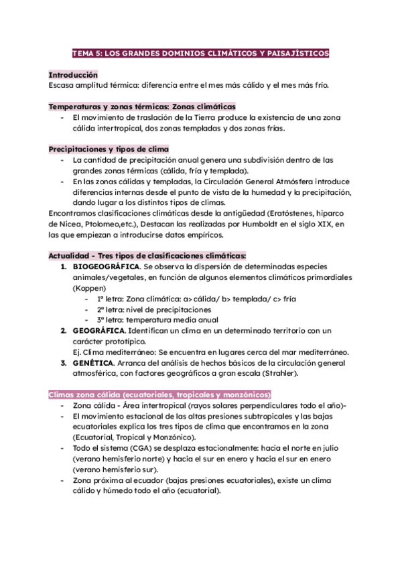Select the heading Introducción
click(x=74, y=76)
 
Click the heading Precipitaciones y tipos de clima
click(x=109, y=149)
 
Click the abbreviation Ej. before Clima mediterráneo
click(x=77, y=352)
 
